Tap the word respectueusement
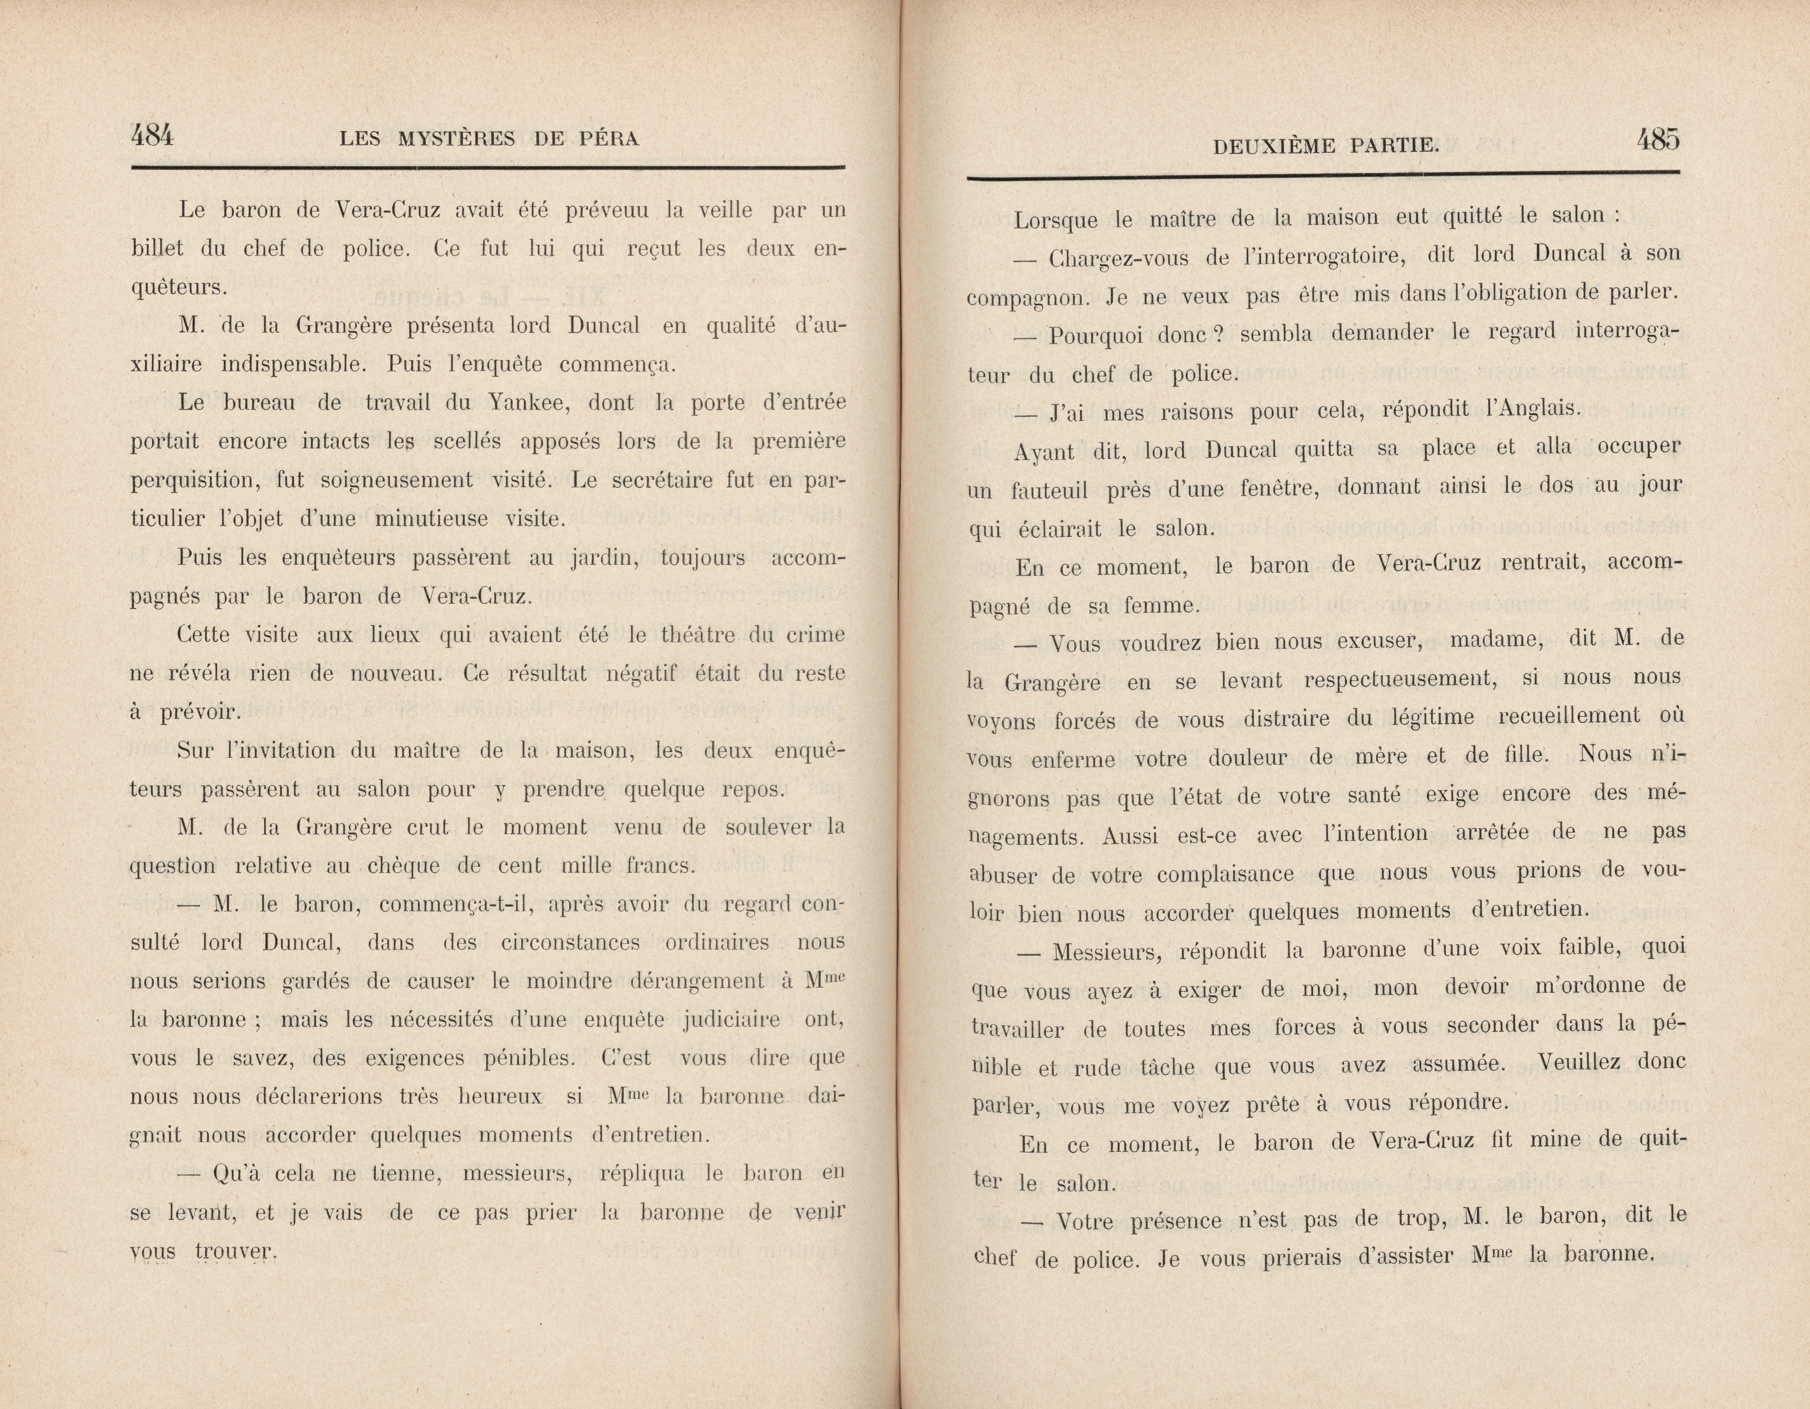[x=1400, y=680]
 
